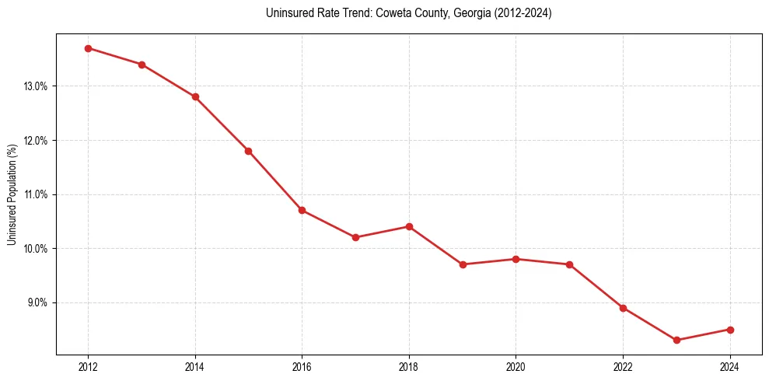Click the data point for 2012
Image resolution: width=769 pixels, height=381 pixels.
point(88,48)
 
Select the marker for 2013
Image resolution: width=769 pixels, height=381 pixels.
point(142,65)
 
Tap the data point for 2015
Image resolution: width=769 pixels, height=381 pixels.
point(248,151)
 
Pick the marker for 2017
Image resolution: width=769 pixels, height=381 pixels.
point(355,237)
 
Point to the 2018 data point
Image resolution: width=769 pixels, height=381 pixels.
point(409,226)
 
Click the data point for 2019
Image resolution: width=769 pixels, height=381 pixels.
point(463,264)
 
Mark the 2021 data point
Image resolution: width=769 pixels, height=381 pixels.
point(569,264)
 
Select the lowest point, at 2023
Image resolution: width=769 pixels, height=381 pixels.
point(676,340)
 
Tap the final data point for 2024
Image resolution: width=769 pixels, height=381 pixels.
point(730,330)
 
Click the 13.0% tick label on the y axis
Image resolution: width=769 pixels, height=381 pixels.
point(37,86)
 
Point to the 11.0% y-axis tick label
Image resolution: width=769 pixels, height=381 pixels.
point(37,194)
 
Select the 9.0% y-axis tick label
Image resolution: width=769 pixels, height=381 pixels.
point(37,302)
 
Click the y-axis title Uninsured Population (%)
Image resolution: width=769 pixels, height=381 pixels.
point(12,194)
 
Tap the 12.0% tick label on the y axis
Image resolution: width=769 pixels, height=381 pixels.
point(37,141)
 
